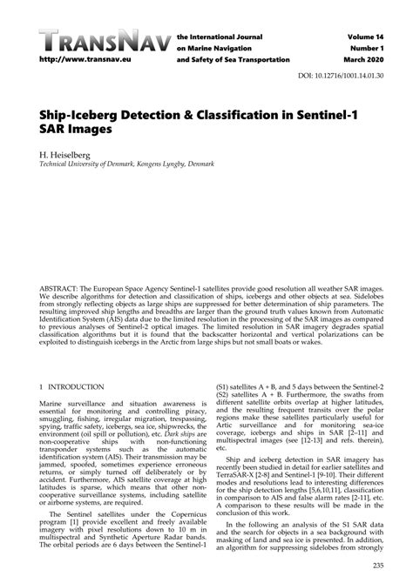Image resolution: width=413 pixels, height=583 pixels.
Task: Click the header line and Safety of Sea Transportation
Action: click(x=234, y=59)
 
